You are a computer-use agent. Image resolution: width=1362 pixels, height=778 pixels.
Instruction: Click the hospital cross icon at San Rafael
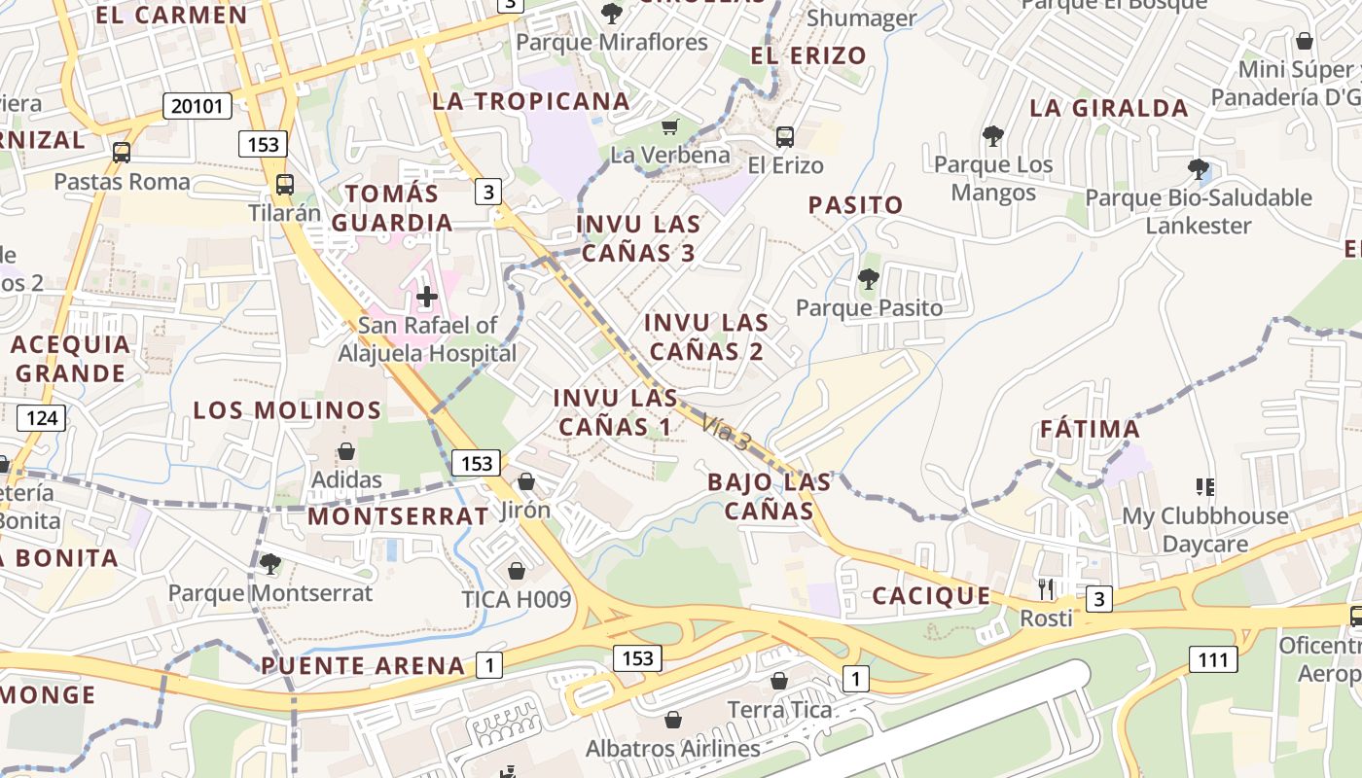tap(426, 297)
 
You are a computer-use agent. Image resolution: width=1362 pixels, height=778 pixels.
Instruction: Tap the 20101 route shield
tap(197, 106)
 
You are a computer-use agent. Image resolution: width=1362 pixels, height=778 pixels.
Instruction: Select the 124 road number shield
tap(41, 419)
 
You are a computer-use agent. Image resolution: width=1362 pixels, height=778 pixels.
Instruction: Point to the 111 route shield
tap(1213, 660)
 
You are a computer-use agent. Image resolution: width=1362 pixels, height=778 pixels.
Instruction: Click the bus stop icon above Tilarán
tap(285, 184)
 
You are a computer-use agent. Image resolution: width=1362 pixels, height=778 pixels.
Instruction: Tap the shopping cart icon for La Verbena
tap(669, 126)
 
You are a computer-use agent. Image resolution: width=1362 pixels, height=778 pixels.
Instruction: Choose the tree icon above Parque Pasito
tap(869, 280)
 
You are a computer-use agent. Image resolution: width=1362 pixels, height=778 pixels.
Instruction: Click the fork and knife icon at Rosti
tap(1046, 588)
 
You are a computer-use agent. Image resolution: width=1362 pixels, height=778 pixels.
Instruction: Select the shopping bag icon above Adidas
tap(345, 451)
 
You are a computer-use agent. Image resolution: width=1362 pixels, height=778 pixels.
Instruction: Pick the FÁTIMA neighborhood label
tap(1090, 429)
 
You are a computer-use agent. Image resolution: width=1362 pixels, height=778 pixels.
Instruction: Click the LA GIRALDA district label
tap(1109, 108)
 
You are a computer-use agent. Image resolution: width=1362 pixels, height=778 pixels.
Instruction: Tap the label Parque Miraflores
tap(612, 43)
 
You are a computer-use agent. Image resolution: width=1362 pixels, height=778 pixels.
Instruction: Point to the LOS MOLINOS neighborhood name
tap(287, 410)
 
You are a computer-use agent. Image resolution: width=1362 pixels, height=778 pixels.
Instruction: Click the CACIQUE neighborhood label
tap(931, 596)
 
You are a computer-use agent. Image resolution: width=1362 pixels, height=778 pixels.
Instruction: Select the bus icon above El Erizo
tap(785, 137)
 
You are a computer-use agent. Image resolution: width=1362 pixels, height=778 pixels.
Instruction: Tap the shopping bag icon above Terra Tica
tap(778, 681)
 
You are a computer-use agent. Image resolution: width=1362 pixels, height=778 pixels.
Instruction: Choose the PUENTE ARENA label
tap(363, 666)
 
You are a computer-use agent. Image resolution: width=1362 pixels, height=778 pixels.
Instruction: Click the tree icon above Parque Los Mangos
tap(992, 136)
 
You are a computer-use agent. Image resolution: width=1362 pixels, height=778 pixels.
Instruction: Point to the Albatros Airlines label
tap(672, 749)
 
